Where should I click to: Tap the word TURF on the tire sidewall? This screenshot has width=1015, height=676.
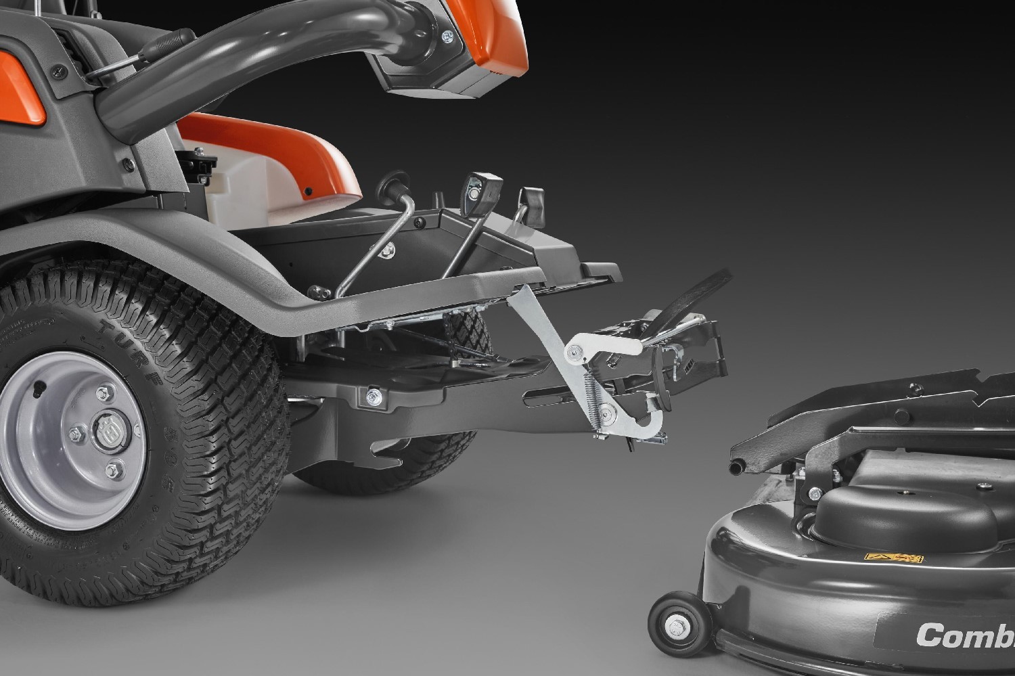(123, 346)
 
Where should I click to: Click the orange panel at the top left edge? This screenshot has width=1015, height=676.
(27, 87)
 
